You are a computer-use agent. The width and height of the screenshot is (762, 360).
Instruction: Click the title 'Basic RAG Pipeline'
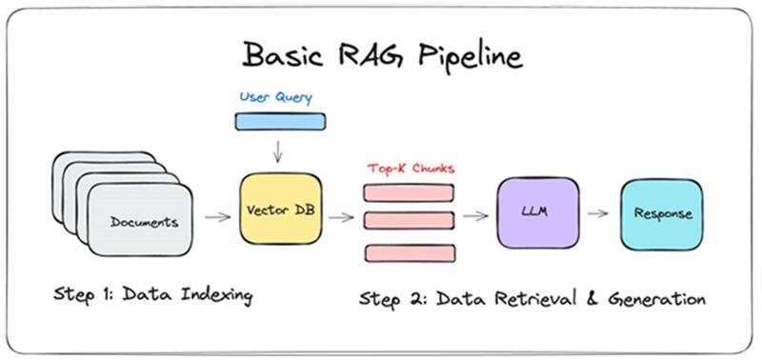click(x=382, y=55)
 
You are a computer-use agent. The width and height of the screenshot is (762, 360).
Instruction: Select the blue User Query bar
click(x=279, y=121)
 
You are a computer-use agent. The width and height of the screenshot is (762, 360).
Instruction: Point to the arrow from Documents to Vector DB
click(x=218, y=217)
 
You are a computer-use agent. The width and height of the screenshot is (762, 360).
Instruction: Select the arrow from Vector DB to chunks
click(x=340, y=217)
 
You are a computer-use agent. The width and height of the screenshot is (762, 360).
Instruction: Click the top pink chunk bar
click(x=409, y=192)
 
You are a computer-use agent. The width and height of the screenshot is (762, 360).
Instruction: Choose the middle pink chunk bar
click(x=409, y=221)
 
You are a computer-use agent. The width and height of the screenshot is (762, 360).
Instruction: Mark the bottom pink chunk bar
click(x=409, y=253)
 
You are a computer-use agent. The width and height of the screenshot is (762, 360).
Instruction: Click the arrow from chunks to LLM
click(x=475, y=216)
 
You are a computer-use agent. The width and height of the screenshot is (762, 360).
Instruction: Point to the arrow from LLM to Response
click(x=598, y=213)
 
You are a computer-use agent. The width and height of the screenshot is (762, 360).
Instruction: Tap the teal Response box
click(x=656, y=214)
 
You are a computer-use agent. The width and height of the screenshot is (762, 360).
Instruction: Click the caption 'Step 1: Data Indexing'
click(x=151, y=295)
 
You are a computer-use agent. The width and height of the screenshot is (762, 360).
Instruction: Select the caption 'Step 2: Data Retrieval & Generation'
click(x=531, y=298)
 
